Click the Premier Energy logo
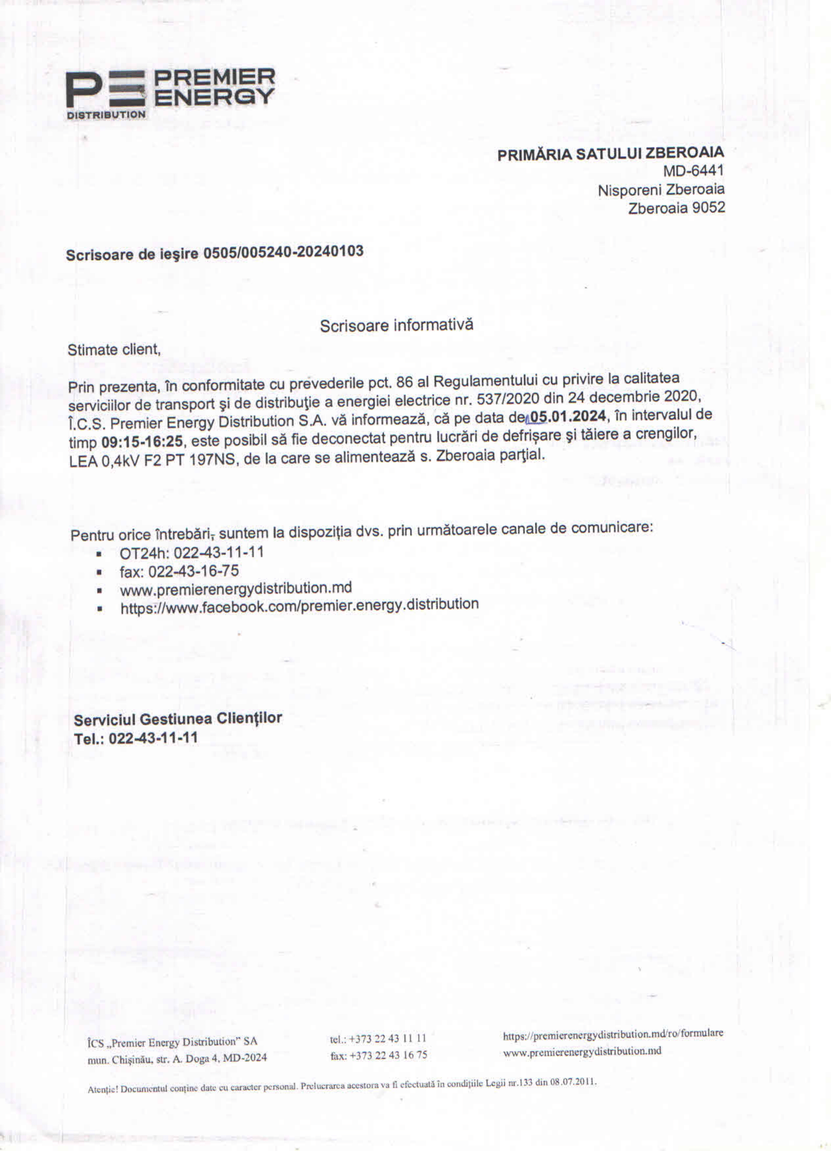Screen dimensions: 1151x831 pos(170,94)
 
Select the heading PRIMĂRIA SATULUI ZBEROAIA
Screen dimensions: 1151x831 pos(610,153)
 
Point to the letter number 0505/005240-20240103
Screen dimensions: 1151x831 pos(283,252)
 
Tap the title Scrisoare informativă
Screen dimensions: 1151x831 pos(396,325)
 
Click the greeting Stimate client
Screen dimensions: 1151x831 pos(114,350)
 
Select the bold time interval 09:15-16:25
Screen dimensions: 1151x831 pos(142,441)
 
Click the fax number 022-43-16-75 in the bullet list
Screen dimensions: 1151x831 pos(193,571)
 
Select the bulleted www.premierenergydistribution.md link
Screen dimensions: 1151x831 pos(236,589)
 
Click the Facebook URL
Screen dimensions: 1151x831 pos(299,606)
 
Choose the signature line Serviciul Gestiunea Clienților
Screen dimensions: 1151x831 pos(178,719)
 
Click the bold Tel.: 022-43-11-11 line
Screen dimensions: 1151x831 pos(136,738)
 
